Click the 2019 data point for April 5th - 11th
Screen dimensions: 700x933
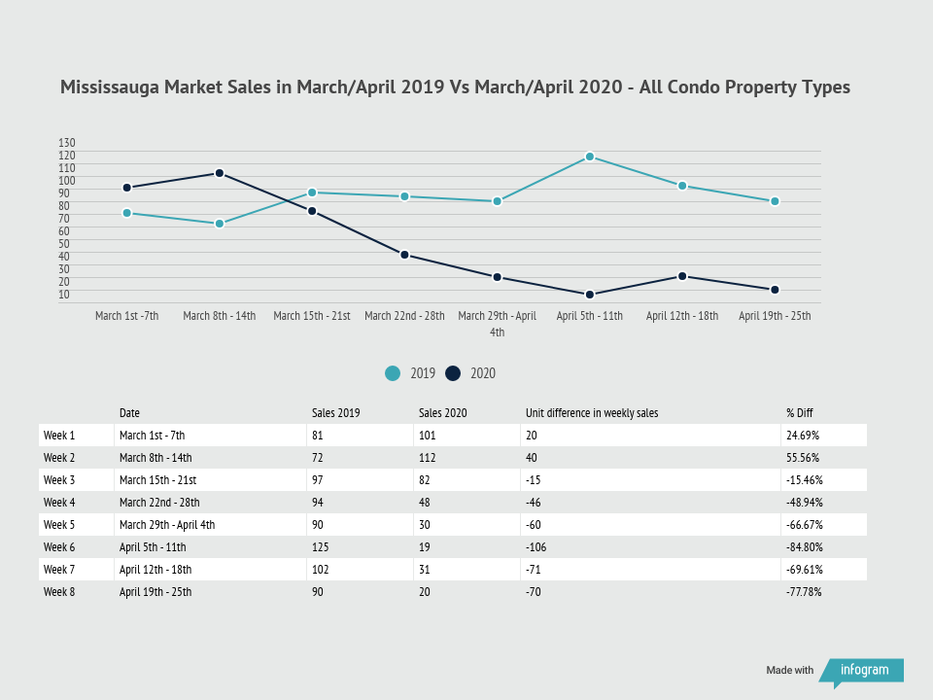point(590,157)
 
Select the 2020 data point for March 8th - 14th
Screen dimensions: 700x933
point(220,173)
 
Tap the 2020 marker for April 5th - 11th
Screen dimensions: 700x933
point(590,295)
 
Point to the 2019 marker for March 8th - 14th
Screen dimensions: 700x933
point(220,224)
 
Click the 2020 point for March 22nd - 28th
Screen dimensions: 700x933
point(404,255)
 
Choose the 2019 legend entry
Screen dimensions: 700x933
point(410,373)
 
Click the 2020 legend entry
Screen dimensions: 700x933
point(470,373)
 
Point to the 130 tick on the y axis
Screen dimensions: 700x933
point(67,142)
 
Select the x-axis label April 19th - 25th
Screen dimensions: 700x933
point(775,316)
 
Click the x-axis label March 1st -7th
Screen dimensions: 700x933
point(126,316)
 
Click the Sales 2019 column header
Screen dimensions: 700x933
point(335,413)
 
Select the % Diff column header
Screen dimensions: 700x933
point(799,413)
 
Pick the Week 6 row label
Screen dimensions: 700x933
point(59,547)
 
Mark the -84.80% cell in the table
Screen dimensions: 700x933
point(804,547)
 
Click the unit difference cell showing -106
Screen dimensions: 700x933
point(536,547)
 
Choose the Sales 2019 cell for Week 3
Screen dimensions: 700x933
point(319,480)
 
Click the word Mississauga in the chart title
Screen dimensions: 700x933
point(109,87)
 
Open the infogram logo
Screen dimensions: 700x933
point(862,671)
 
